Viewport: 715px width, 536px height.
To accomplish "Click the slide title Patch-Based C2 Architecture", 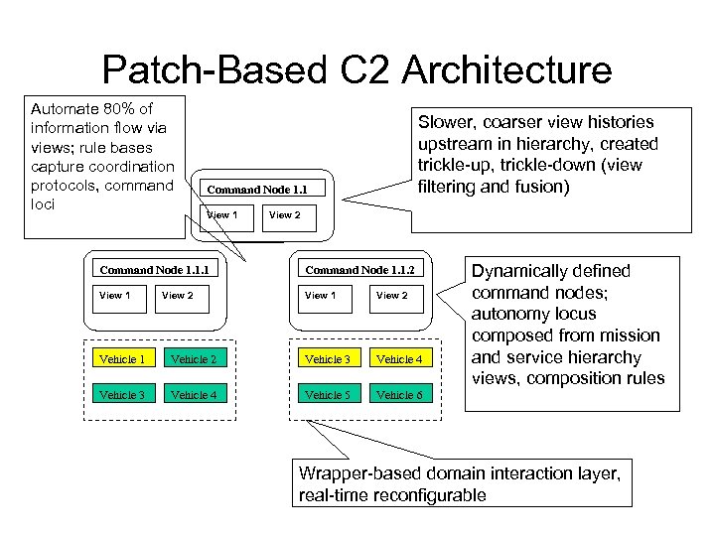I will click(357, 69).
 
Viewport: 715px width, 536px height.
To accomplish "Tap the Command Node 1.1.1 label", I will click(154, 269).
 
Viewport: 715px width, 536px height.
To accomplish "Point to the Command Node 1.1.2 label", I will click(358, 269).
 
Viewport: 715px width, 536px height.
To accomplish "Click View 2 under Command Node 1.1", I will click(284, 214).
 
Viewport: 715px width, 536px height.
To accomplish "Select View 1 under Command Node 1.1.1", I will click(114, 295).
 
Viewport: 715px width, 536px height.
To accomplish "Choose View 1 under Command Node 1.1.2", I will click(320, 295).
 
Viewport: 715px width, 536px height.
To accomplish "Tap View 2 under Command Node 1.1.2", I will click(391, 295).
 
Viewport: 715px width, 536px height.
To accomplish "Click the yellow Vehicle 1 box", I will click(122, 358).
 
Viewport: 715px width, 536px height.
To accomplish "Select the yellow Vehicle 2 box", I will click(193, 358).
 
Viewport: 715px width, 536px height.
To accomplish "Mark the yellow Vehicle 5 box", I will click(327, 395).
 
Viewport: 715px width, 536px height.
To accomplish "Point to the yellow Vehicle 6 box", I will click(398, 395).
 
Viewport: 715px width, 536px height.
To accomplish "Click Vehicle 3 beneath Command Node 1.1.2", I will click(327, 358).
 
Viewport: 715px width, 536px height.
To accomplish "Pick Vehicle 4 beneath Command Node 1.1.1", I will click(193, 395).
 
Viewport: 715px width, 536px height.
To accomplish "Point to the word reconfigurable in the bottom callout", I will click(435, 494).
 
